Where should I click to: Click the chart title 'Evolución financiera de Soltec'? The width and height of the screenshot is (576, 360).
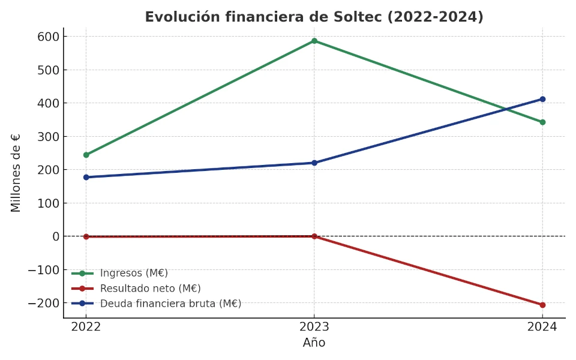pos(314,17)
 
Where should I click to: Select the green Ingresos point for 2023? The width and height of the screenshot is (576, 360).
pos(314,41)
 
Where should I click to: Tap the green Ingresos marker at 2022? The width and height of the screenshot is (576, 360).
pos(86,155)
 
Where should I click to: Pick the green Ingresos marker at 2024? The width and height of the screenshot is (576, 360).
pos(542,122)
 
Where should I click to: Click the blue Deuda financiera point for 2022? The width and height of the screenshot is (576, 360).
pos(86,177)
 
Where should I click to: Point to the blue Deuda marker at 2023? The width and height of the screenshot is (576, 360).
pos(314,163)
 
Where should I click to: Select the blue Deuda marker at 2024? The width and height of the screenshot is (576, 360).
pos(542,99)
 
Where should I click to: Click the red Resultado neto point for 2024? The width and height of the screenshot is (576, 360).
pos(542,305)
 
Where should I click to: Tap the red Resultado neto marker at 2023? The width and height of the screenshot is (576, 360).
pos(314,236)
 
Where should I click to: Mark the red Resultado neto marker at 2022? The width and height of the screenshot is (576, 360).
pos(86,236)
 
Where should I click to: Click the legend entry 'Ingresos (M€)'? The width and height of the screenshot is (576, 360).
pos(134,273)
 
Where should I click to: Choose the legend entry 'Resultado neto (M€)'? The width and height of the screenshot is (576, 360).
pos(150,289)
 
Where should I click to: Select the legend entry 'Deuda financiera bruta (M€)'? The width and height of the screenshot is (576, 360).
pos(170,304)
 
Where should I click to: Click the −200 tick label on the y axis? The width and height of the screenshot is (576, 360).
pos(43,303)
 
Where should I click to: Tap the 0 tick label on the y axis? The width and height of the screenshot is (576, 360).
pos(55,236)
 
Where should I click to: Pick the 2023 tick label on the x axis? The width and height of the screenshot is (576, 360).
pos(314,327)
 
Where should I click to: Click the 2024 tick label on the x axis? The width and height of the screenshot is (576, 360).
pos(542,327)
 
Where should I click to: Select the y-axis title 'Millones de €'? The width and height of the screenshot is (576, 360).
pos(16,173)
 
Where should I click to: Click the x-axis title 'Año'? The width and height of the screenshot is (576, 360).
pos(314,343)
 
